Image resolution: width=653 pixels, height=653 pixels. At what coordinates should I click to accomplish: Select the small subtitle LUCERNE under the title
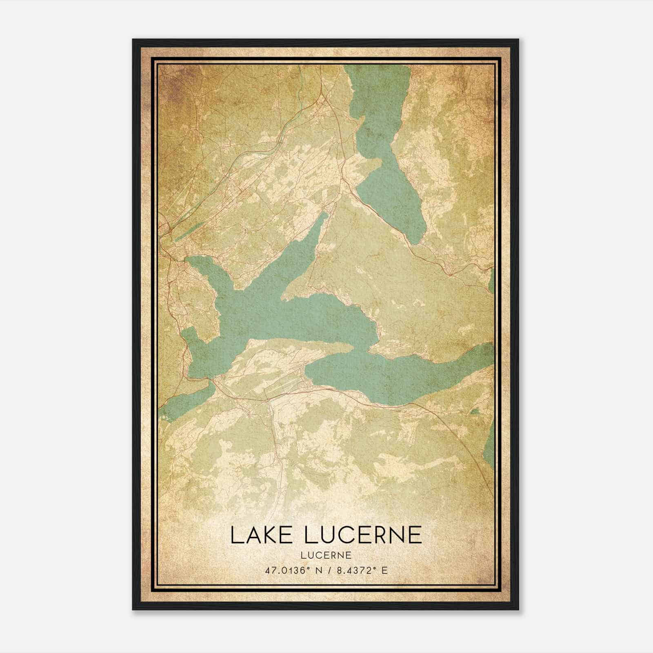coord(326,555)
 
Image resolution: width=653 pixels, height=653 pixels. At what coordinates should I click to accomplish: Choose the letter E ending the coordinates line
coord(384,570)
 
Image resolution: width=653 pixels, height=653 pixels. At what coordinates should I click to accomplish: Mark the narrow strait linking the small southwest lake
coord(210,381)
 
